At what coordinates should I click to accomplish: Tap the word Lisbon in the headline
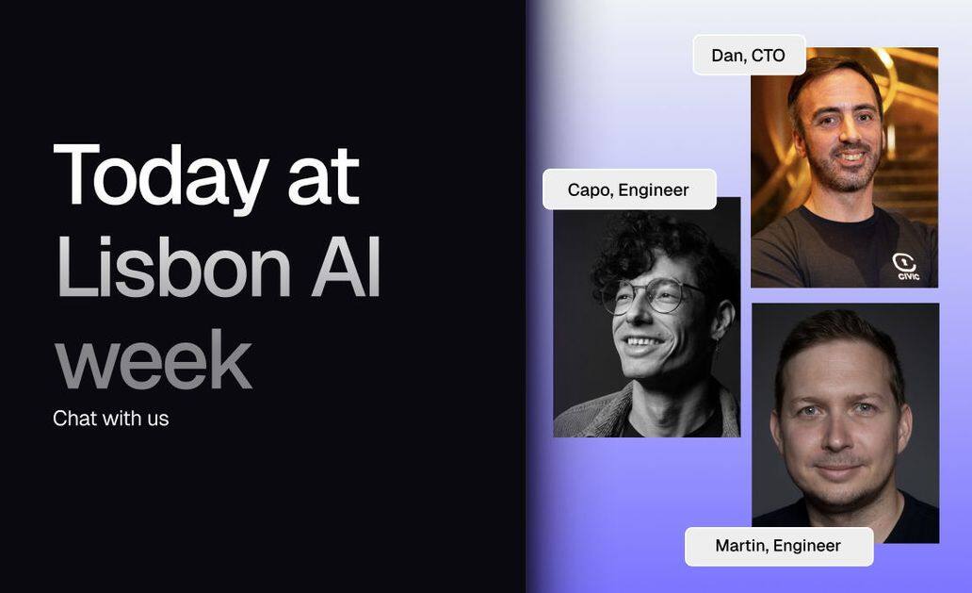tap(173, 268)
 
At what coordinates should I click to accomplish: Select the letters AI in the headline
tap(347, 268)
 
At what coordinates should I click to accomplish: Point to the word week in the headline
tap(154, 359)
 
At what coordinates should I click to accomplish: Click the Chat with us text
tap(111, 419)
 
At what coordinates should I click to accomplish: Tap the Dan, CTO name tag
tap(749, 56)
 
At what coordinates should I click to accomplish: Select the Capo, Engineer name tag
tap(629, 189)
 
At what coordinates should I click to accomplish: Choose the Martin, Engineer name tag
tap(779, 546)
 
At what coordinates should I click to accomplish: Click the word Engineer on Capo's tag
tap(654, 190)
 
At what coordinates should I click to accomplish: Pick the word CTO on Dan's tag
tap(769, 56)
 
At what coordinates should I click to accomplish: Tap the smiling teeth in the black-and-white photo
tap(642, 342)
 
